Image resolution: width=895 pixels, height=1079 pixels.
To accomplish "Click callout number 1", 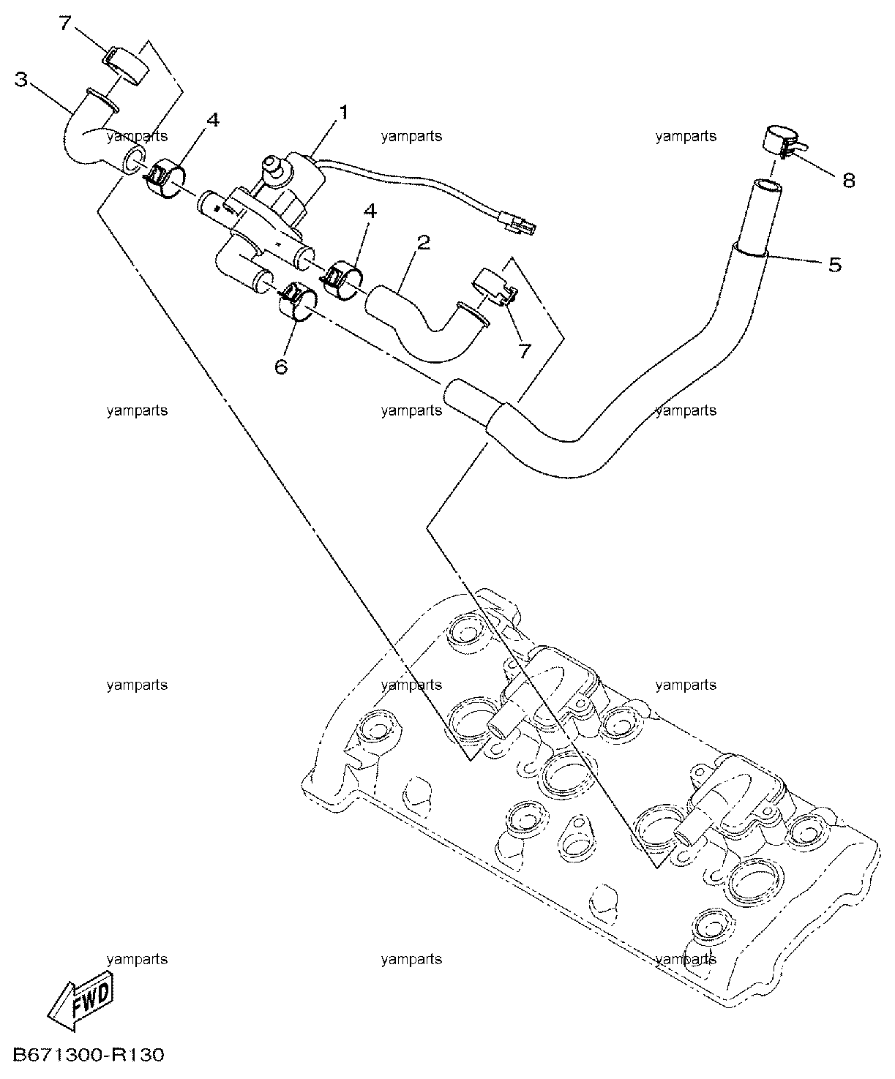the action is pos(342,113).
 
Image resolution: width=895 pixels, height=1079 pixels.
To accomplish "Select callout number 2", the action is pos(424,242).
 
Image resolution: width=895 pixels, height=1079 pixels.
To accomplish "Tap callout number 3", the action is pos(20,80).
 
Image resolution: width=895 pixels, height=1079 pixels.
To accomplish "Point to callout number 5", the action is pos(835,265).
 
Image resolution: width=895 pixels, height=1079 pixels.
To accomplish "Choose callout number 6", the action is pos(281,367).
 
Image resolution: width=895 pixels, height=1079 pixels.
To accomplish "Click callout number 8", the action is pos(848,181).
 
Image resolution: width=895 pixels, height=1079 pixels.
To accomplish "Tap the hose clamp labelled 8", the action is pos(782,142).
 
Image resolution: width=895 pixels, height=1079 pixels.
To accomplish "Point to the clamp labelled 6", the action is pos(297,304).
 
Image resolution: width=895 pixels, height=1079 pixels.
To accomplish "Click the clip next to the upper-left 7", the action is pos(126,65).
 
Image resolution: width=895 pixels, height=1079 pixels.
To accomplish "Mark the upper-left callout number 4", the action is pos(212,120).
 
